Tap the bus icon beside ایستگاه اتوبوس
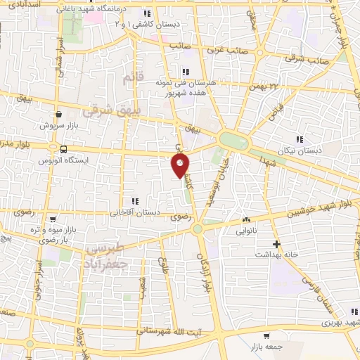64,149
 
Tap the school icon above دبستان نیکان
300,139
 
